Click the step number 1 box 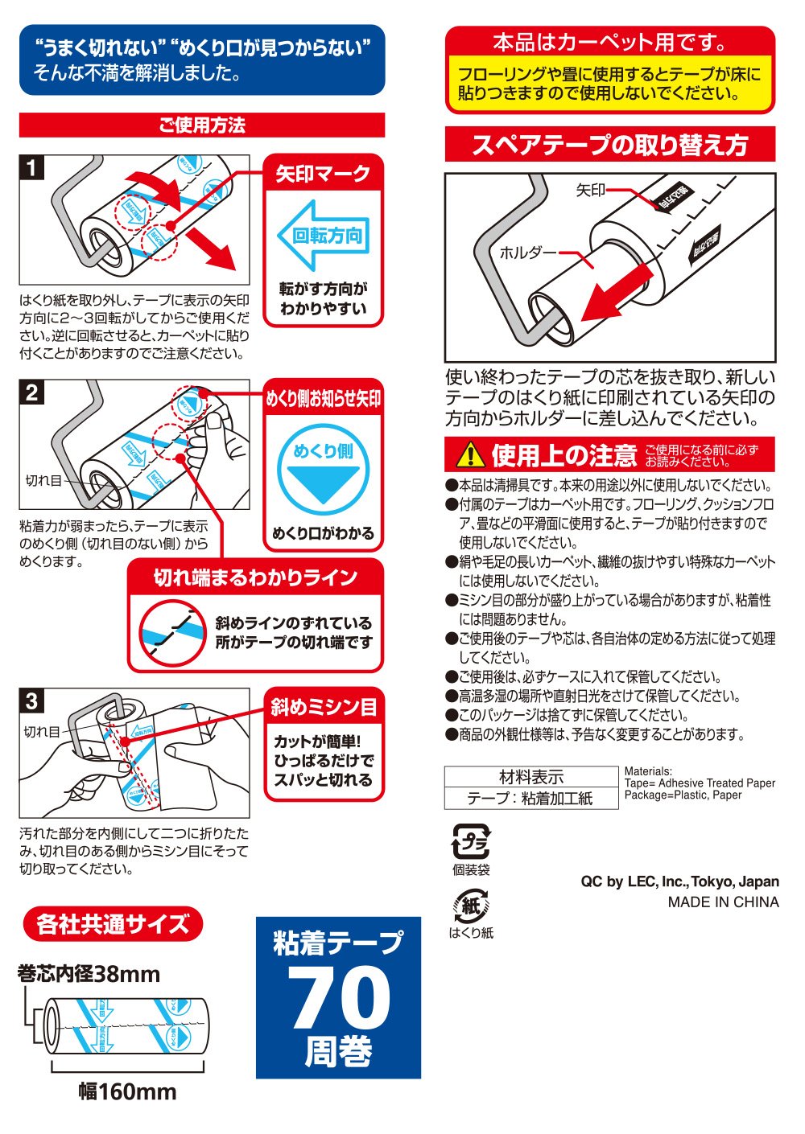click(32, 168)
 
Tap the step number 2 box click(32, 392)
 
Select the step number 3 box click(32, 701)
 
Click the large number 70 click(339, 997)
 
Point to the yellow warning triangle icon click(469, 455)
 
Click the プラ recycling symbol click(471, 841)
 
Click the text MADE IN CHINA click(723, 902)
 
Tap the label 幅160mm click(127, 1091)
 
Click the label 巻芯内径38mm click(89, 974)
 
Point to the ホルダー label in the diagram click(527, 253)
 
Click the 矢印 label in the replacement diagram click(590, 191)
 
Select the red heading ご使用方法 click(202, 125)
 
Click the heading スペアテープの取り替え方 click(609, 145)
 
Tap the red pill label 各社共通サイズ click(113, 924)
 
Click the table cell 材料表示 click(531, 777)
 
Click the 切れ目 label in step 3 click(42, 732)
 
